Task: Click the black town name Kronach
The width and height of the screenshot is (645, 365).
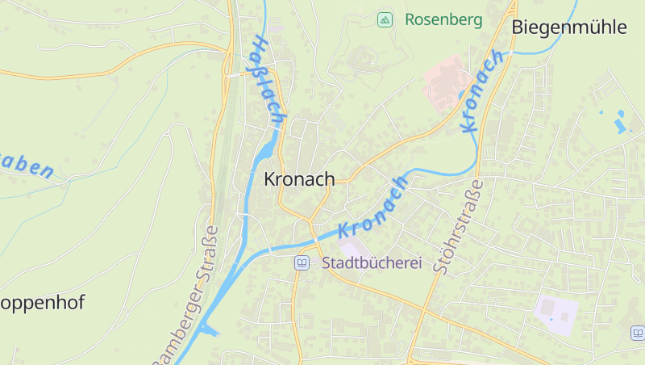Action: (x=299, y=179)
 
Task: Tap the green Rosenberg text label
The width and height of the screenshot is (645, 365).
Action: (x=443, y=19)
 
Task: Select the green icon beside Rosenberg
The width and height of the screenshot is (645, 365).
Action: (x=385, y=19)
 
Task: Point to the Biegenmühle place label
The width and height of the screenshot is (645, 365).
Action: (x=569, y=27)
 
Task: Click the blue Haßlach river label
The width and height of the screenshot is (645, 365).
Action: (x=268, y=81)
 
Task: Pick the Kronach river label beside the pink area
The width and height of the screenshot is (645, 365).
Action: (x=483, y=90)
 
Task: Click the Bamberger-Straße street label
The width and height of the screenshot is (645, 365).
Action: (x=186, y=294)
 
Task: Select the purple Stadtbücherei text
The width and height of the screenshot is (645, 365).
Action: (x=372, y=262)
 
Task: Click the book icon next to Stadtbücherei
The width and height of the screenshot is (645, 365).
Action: (x=302, y=262)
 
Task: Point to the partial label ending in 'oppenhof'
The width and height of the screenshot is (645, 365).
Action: (x=42, y=303)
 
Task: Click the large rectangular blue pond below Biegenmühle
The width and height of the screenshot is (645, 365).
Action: (x=619, y=125)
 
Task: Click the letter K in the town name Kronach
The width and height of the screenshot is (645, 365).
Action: (x=271, y=179)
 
